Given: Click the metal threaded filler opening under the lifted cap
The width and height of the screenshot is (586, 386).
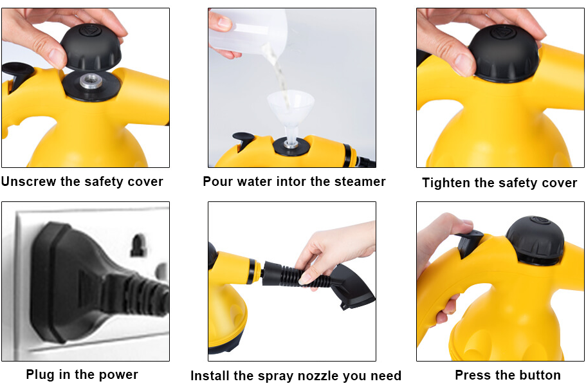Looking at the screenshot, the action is [91, 80].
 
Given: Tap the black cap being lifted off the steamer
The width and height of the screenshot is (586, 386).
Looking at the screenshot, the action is [91, 47].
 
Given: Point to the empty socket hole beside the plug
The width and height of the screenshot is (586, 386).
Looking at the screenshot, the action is [138, 245].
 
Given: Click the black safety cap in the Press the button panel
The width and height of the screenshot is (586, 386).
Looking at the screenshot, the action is [535, 239].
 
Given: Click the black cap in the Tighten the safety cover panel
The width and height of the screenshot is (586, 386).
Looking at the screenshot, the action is [504, 53].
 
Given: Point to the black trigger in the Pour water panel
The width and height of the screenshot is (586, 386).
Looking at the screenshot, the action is [244, 140].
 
